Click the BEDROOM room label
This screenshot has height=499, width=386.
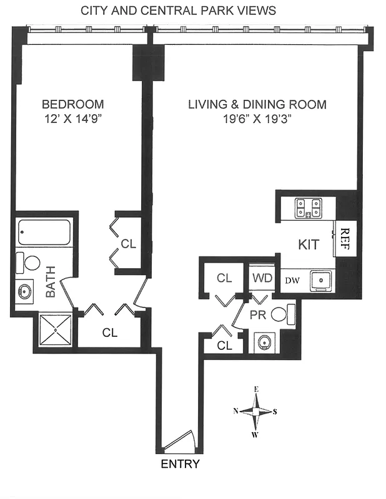click(72, 104)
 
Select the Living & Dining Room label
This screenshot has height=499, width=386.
click(257, 104)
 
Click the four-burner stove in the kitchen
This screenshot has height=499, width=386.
click(309, 208)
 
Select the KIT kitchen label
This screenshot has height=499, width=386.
click(309, 245)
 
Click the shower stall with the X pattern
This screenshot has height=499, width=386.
click(56, 328)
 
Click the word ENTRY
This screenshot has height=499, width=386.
click(181, 464)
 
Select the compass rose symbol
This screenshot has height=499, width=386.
click(255, 412)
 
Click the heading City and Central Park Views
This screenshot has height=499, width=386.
click(179, 11)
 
